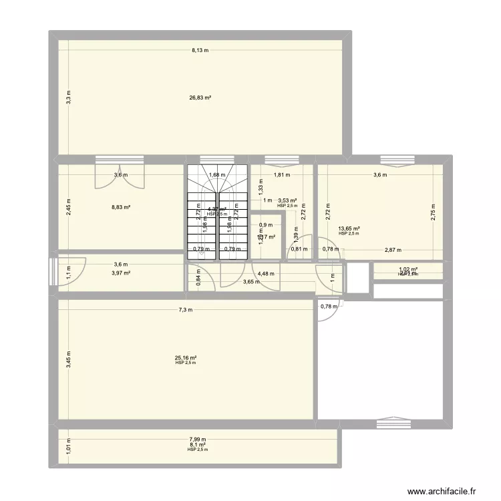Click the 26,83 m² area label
tap(200, 98)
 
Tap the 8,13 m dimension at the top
tap(200, 49)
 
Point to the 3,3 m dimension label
tap(67, 97)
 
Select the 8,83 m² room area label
tap(121, 207)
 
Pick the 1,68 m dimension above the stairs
tap(217, 176)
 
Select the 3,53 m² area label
tap(287, 200)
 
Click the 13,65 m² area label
tap(349, 228)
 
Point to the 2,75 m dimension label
tap(432, 212)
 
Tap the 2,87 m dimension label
tap(393, 250)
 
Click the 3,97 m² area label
tap(121, 273)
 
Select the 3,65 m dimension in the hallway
tap(251, 282)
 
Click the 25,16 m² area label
tap(185, 357)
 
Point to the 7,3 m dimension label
tap(185, 309)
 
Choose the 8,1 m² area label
tap(198, 444)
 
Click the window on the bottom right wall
tap(389, 424)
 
